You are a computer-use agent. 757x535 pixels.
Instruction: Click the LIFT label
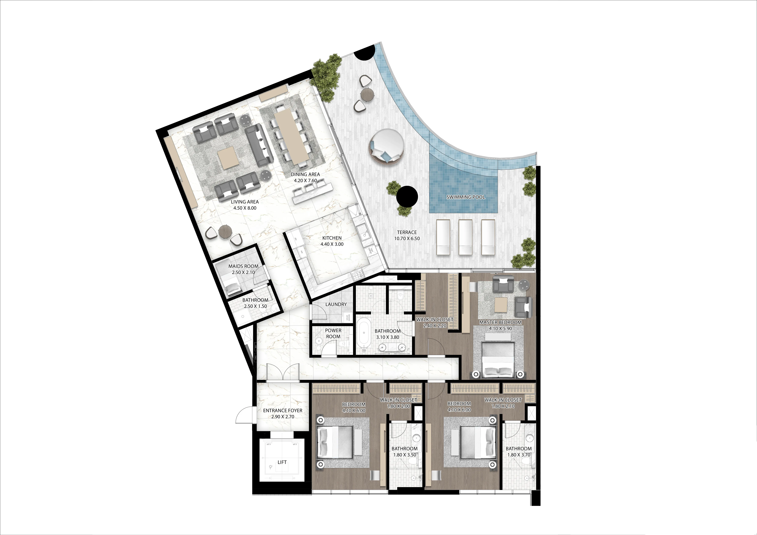click(x=282, y=462)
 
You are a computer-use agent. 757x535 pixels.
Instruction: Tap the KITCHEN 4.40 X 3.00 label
click(x=332, y=241)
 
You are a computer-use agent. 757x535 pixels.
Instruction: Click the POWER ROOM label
click(x=333, y=333)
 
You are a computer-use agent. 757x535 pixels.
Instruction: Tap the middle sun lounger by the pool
click(x=466, y=237)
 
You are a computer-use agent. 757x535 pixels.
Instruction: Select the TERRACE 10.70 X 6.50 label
click(x=407, y=235)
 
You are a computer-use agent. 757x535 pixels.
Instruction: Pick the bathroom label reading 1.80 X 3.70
click(x=519, y=455)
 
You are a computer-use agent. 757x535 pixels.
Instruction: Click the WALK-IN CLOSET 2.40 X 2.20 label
click(x=435, y=322)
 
